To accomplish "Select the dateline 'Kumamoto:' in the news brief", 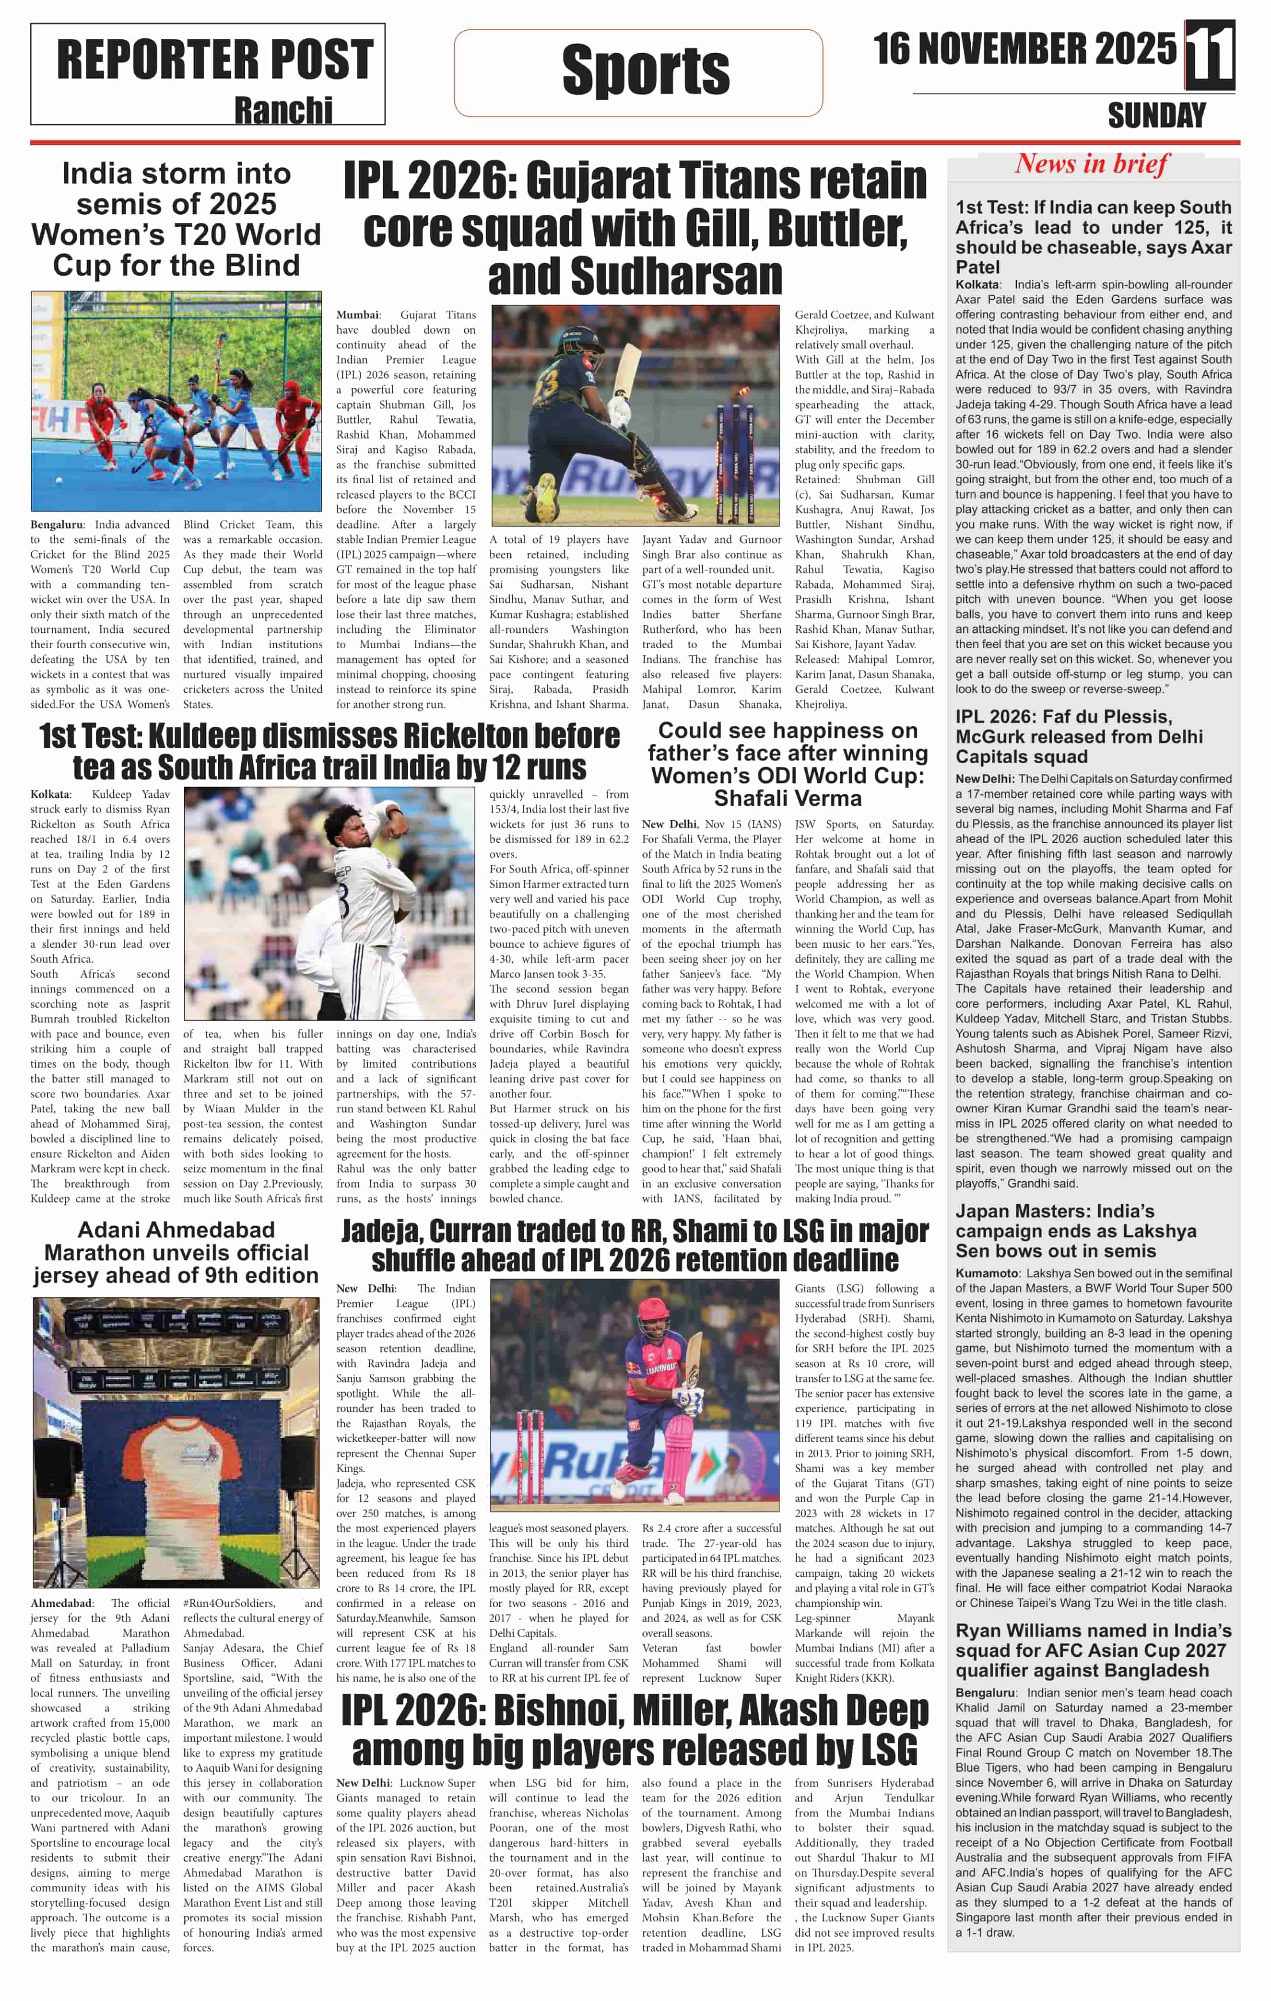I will pos(987,1273).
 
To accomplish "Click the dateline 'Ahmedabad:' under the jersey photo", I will pos(61,1603).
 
